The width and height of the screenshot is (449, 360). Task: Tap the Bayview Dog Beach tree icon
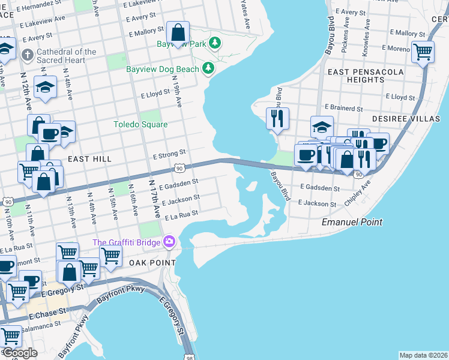tap(208, 69)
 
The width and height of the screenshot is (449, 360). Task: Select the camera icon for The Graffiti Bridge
tap(169, 242)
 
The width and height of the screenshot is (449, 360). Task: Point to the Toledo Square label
tap(140, 124)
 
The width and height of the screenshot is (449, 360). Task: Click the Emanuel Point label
tap(352, 222)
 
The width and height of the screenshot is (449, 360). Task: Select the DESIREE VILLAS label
tap(406, 119)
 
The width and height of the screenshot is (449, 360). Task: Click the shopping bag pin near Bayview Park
tap(178, 33)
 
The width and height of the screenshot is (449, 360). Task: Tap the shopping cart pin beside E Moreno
tap(423, 52)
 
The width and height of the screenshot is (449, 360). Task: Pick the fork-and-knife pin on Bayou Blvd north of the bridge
tap(277, 119)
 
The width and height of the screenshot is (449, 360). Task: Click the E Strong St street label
tap(169, 154)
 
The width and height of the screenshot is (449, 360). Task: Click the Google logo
tap(19, 353)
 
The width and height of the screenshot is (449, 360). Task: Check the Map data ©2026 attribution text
tap(423, 355)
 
